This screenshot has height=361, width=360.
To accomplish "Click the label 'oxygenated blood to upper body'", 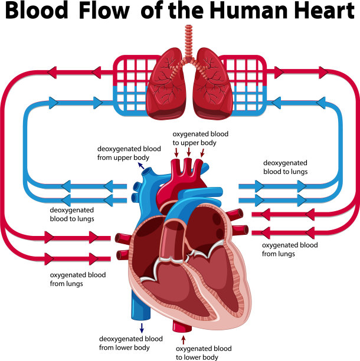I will [200, 138].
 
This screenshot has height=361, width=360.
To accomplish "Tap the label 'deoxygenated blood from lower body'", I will [130, 343].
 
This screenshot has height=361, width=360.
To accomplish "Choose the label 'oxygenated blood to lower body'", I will [205, 352].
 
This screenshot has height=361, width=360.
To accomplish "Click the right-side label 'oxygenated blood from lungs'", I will [289, 249].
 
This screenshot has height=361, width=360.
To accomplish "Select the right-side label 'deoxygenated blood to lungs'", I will [285, 166].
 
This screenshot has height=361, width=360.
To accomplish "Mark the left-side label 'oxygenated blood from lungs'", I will [74, 278].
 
